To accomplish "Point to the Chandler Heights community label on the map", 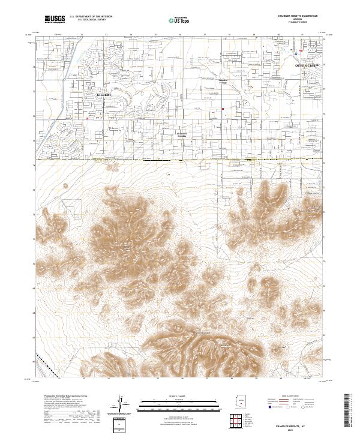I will (182, 135).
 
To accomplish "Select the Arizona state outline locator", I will (239, 402).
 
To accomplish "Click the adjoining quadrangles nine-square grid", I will (239, 421).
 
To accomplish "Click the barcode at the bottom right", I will (349, 410).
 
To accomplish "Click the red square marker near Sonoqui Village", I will (223, 109).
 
